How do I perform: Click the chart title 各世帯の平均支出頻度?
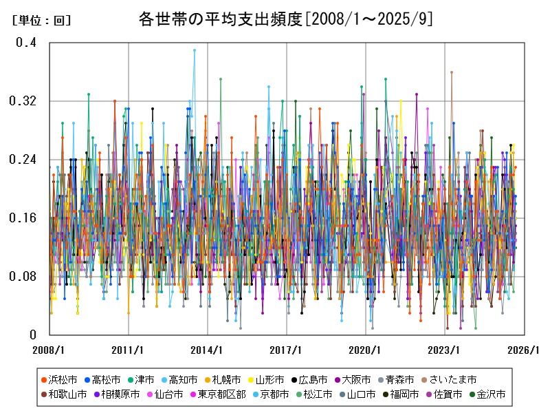pos(220,19)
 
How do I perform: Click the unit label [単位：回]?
pos(41,21)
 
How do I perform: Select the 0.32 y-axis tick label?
pos(23,101)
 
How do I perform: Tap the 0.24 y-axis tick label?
pos(23,160)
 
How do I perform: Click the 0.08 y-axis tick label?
pos(23,277)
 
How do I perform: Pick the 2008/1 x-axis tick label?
pos(50,350)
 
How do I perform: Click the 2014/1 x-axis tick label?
pos(208,350)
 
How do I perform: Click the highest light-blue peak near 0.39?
pos(195,50)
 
